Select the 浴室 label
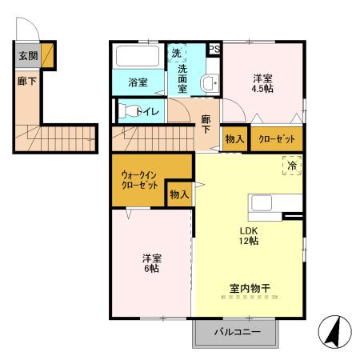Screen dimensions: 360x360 138,82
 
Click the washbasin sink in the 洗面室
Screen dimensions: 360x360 210,82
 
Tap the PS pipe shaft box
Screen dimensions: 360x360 214,49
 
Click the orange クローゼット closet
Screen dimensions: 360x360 277,138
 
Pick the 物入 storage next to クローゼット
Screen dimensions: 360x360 234,138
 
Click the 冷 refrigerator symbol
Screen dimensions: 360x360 292,165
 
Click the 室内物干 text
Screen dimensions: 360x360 248,286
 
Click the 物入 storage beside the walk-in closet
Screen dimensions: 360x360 178,194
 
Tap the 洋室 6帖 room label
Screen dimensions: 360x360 150,263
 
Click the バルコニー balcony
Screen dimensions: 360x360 237,332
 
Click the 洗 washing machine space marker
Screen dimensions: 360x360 176,53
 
